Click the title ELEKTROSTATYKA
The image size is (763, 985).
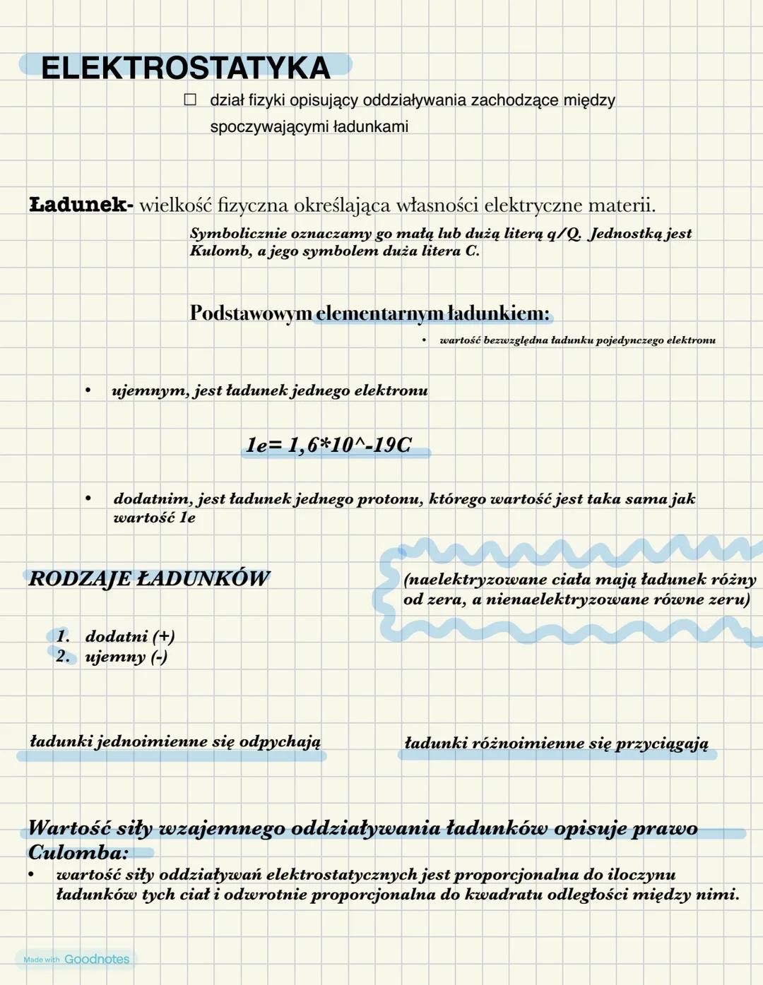coord(186,68)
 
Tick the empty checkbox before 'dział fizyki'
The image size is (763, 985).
coord(190,100)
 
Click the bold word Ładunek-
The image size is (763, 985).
coord(81,205)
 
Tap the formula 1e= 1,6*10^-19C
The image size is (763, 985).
coord(329,445)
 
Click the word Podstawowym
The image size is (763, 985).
coord(250,313)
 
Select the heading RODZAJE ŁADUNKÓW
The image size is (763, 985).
coord(149,579)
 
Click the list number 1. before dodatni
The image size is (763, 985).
coord(63,636)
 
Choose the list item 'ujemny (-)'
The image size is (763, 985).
coord(126,657)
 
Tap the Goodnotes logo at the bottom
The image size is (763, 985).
coord(97,959)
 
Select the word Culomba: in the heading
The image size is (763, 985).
coord(78,852)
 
